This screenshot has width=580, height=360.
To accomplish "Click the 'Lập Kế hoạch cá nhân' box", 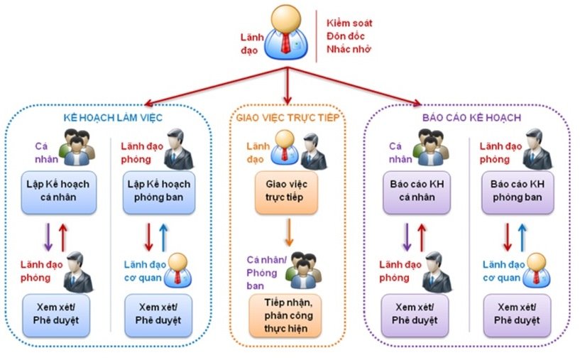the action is [58, 192].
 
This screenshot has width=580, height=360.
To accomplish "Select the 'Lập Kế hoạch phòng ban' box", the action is [159, 192].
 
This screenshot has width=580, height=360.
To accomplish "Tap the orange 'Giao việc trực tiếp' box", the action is [286, 192].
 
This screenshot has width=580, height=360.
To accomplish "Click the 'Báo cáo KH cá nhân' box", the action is [417, 192].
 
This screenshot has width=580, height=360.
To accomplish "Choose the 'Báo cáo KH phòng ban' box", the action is [518, 192].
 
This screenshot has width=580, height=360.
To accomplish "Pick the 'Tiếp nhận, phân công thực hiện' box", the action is [285, 315].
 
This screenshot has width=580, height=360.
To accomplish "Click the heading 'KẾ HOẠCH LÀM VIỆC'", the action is [113, 118].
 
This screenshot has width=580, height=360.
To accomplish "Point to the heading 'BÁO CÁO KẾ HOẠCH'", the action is [471, 118].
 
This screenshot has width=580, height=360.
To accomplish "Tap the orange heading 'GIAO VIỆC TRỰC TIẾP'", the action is [288, 118].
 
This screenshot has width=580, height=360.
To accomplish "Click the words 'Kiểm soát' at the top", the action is [349, 23].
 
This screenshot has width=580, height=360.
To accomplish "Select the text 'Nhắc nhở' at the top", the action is [349, 49].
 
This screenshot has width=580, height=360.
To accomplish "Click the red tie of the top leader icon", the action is [285, 43].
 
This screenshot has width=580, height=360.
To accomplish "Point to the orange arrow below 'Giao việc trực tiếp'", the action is [289, 232].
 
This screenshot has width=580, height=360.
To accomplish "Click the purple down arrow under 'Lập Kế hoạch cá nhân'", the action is [48, 237].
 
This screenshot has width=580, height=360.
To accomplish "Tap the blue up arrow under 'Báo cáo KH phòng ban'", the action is [522, 237].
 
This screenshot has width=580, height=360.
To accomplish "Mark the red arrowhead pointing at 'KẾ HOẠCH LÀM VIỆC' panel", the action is [148, 103].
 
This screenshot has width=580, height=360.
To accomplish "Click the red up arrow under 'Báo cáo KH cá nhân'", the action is [422, 237].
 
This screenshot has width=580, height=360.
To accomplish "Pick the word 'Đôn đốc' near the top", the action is [346, 36].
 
